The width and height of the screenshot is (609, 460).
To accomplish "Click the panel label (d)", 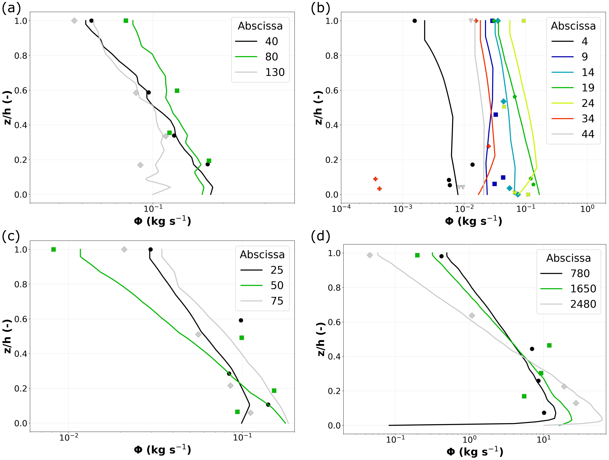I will pyautogui.click(x=320, y=237).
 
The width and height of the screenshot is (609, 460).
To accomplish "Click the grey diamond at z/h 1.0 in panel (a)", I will pyautogui.click(x=74, y=21).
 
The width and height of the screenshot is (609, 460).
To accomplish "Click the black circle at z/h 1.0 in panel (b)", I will pyautogui.click(x=415, y=21).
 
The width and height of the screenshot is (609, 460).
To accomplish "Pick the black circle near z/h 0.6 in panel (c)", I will pyautogui.click(x=241, y=320).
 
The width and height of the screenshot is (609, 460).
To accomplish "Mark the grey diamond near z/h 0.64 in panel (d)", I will pyautogui.click(x=472, y=316).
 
